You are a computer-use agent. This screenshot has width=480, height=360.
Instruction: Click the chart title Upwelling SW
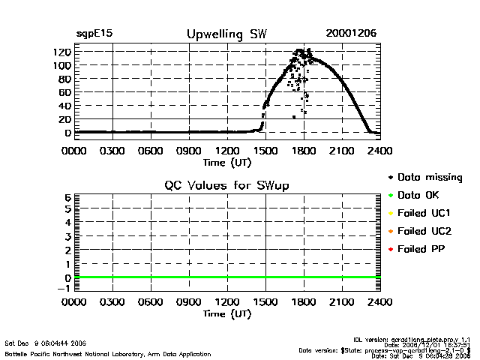(x=226, y=34)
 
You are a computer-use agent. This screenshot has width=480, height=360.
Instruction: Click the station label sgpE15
(x=94, y=34)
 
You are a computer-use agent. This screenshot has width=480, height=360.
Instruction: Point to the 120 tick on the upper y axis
(x=61, y=52)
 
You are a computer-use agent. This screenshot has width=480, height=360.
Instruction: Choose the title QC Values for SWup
(x=226, y=186)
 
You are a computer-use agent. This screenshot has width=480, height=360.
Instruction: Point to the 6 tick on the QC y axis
(x=67, y=197)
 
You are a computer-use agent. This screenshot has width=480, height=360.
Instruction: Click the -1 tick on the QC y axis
(x=64, y=289)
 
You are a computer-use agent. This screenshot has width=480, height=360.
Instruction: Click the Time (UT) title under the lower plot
(x=226, y=314)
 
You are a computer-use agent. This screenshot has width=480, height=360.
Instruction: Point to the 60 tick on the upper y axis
(x=64, y=92)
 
